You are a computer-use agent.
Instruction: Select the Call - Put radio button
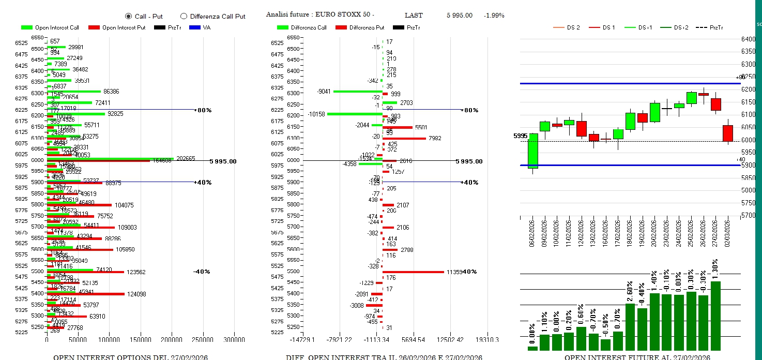point(128,17)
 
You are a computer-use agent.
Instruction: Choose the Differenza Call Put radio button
point(184,17)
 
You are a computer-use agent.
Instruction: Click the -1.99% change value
point(494,16)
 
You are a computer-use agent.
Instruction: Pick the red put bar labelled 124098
point(86,294)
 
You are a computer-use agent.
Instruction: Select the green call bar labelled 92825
point(76,114)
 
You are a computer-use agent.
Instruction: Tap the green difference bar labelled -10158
point(355,114)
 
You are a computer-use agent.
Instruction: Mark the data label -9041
point(324,92)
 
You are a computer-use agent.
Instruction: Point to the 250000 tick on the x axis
point(203,340)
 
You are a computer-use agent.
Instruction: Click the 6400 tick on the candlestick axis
point(748,39)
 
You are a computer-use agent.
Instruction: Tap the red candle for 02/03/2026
point(728,133)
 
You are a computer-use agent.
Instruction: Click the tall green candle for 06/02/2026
point(533,151)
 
